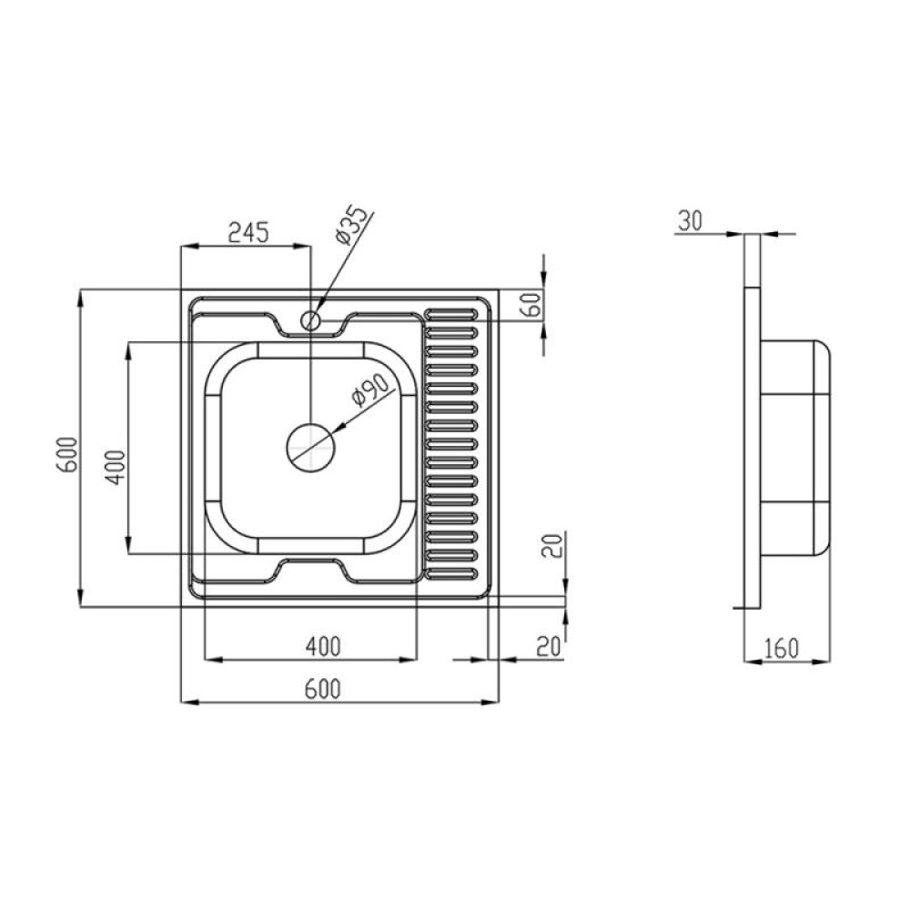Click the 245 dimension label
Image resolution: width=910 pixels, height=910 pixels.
coord(249,232)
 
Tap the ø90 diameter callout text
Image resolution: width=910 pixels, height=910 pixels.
coord(369,390)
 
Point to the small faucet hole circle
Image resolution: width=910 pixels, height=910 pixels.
coord(310,319)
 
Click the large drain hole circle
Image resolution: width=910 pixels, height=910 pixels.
coord(311,448)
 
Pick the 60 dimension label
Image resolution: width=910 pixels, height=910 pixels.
coord(532,304)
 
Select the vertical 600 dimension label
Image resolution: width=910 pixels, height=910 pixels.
coord(67,455)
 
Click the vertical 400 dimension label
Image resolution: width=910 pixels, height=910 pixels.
coord(115,468)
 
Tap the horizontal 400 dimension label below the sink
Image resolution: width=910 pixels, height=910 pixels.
coord(323,646)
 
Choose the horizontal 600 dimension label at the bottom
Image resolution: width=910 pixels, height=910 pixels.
coord(322,689)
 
